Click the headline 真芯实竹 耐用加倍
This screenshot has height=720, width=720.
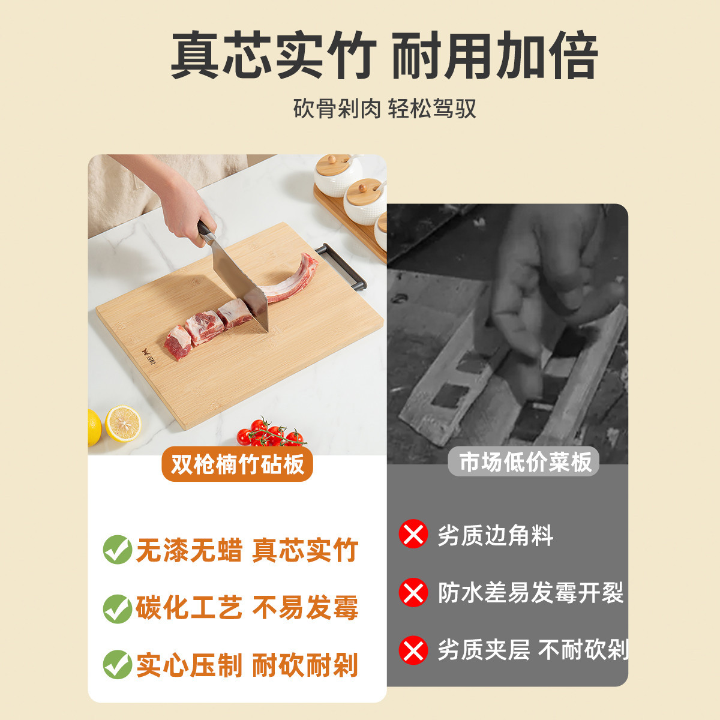click(385, 56)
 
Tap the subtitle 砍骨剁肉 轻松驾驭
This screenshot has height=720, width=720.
click(385, 109)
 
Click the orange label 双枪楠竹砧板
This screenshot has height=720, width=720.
click(237, 464)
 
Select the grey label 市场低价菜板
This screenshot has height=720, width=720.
click(523, 462)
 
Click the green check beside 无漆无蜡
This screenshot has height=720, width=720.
click(118, 550)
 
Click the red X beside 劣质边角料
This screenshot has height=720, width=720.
click(413, 534)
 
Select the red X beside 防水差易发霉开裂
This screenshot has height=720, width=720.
click(413, 592)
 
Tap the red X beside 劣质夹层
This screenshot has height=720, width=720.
click(413, 650)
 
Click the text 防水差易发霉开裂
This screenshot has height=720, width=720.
click(530, 593)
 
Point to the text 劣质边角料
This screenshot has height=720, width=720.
click(496, 535)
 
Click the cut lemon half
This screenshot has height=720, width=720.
click(123, 424)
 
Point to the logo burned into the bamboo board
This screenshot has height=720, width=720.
click(149, 353)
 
